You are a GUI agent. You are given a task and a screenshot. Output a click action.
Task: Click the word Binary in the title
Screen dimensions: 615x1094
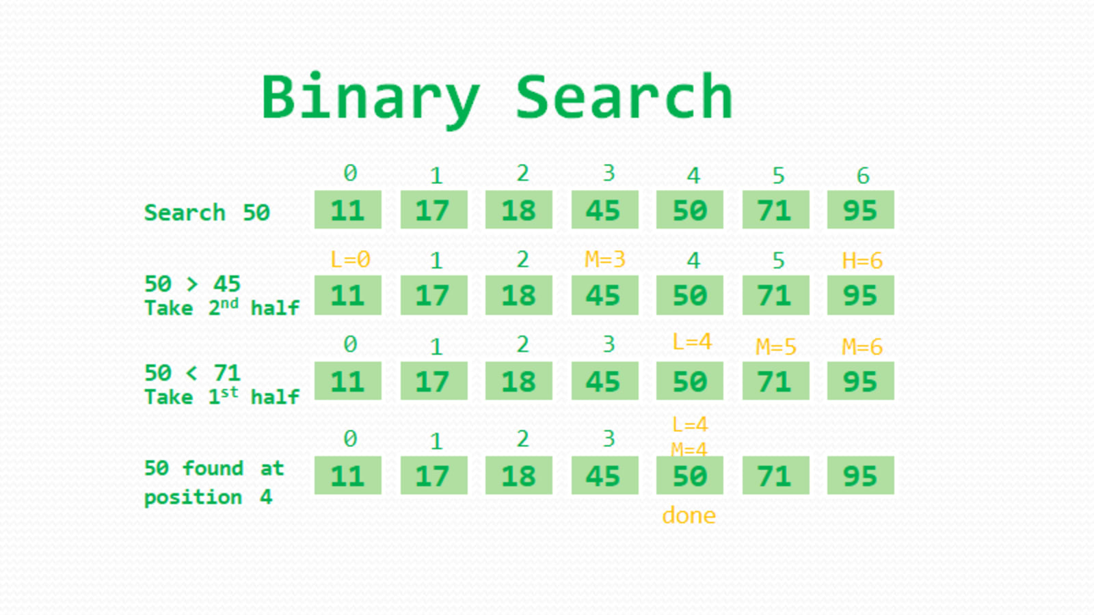pyautogui.click(x=370, y=98)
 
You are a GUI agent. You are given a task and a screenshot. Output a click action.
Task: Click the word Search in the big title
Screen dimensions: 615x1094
pyautogui.click(x=624, y=98)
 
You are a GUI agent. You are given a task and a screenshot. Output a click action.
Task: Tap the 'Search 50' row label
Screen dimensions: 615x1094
pyautogui.click(x=206, y=213)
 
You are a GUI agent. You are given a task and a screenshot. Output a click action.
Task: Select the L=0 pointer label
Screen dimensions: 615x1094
pyautogui.click(x=349, y=260)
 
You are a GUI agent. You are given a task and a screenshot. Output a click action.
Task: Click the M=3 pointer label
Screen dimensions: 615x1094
pyautogui.click(x=604, y=260)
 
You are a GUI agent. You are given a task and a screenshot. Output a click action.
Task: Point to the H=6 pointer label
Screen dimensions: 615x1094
pyautogui.click(x=862, y=260)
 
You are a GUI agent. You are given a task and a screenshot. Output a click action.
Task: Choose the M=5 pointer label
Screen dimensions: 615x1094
pyautogui.click(x=775, y=346)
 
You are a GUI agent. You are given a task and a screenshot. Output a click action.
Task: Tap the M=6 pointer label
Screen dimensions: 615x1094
pyautogui.click(x=862, y=346)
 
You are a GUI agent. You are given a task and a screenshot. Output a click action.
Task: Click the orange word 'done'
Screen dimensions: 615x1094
pyautogui.click(x=689, y=515)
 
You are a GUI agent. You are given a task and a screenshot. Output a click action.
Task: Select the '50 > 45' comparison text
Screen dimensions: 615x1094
pyautogui.click(x=192, y=284)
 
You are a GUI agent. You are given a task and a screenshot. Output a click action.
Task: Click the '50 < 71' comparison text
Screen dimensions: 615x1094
pyautogui.click(x=192, y=372)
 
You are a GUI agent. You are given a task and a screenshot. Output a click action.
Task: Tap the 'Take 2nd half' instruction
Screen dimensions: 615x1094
pyautogui.click(x=222, y=307)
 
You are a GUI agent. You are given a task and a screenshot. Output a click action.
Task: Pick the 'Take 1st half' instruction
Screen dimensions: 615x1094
pyautogui.click(x=222, y=396)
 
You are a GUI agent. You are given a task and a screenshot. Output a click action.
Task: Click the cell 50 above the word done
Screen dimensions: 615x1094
pyautogui.click(x=689, y=476)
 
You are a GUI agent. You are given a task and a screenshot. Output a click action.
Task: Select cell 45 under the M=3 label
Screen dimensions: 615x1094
pyautogui.click(x=604, y=295)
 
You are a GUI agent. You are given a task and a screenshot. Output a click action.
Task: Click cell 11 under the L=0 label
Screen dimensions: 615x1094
pyautogui.click(x=347, y=295)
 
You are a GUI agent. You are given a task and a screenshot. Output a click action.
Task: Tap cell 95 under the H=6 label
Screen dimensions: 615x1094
pyautogui.click(x=860, y=295)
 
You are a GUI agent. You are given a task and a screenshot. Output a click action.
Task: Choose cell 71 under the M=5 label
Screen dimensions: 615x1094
pyautogui.click(x=775, y=381)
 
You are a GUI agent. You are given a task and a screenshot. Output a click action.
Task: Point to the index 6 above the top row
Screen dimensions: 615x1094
pyautogui.click(x=863, y=176)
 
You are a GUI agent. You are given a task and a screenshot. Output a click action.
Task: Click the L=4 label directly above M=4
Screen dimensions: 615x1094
pyautogui.click(x=689, y=425)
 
